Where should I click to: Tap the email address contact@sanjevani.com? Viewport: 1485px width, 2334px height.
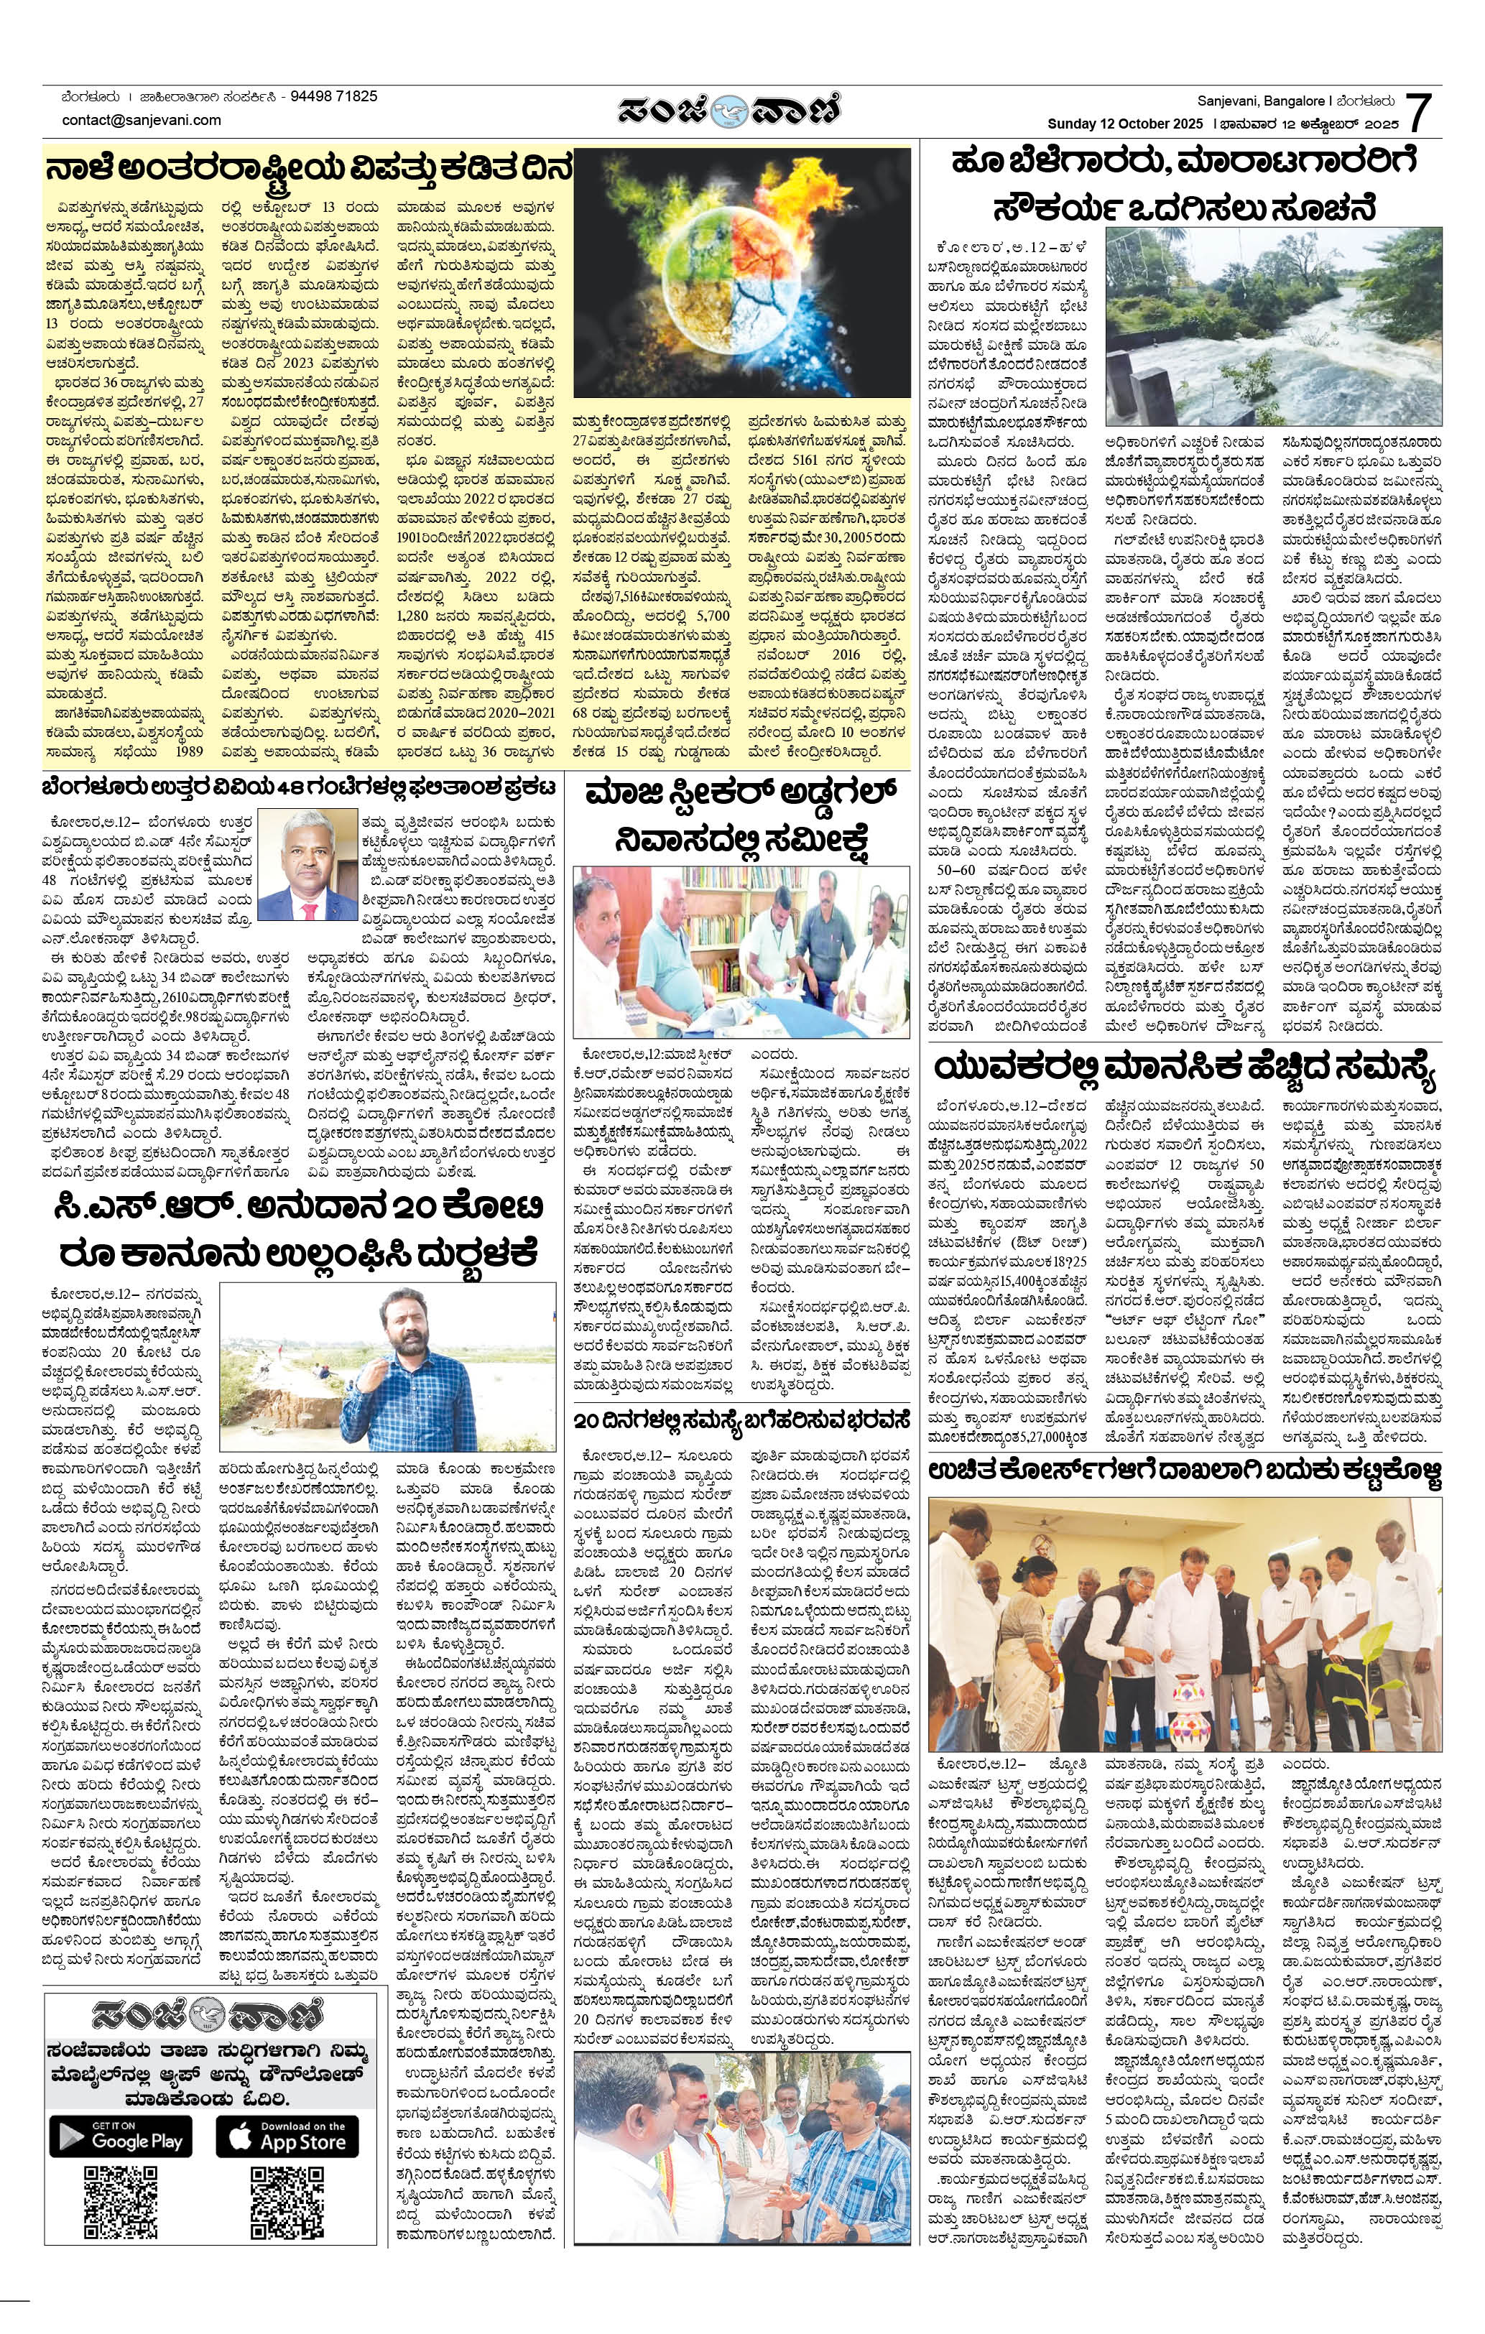tap(142, 120)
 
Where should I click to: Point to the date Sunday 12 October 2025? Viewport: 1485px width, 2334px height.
tap(1124, 124)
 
